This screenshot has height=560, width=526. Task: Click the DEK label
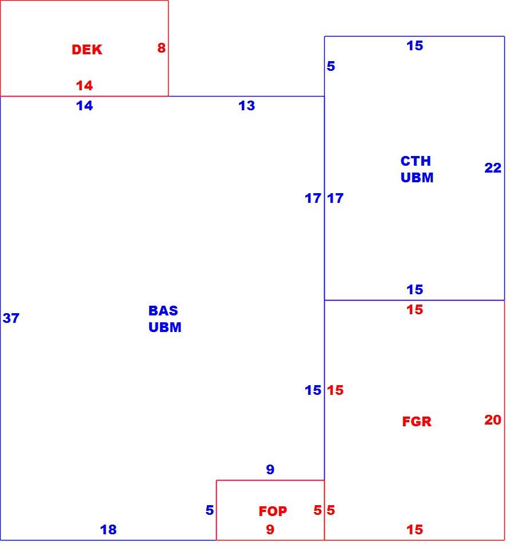click(x=87, y=50)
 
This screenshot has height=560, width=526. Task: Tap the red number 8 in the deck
click(x=161, y=48)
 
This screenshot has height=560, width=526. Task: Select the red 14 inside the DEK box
click(x=85, y=86)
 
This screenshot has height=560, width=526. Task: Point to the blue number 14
click(x=85, y=106)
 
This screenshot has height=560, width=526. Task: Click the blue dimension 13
click(x=246, y=106)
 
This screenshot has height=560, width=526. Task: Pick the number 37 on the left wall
click(x=11, y=318)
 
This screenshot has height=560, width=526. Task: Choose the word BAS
click(x=163, y=311)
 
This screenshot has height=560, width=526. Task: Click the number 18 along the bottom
click(x=108, y=530)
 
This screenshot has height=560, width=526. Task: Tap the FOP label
click(x=273, y=511)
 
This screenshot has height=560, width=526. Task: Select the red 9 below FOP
click(x=270, y=530)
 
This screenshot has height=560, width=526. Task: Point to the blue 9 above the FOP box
click(x=270, y=469)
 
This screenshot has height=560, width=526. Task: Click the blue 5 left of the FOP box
click(x=210, y=510)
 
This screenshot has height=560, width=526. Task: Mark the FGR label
click(x=417, y=422)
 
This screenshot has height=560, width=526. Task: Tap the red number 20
click(x=493, y=420)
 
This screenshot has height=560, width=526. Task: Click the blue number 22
click(x=493, y=168)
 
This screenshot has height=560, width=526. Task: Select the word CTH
click(x=416, y=161)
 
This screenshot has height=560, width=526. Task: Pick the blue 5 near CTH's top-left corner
click(x=331, y=66)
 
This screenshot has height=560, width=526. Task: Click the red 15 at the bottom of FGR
click(x=415, y=530)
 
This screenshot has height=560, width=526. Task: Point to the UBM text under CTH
click(x=417, y=178)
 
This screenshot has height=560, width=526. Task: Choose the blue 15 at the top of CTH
click(x=415, y=46)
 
